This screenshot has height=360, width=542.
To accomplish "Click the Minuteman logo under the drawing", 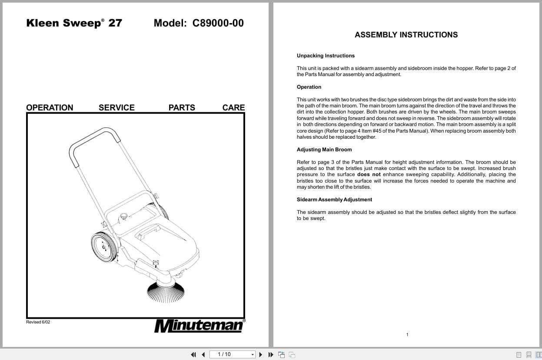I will tap(199, 326).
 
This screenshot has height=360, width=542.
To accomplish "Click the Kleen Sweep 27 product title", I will tap(74, 23).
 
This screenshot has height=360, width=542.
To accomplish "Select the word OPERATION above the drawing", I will tap(50, 107).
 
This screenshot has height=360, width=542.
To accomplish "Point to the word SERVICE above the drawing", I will tap(116, 107).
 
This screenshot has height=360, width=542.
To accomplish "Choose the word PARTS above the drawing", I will tap(182, 107).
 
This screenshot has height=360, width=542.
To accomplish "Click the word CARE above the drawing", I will tap(233, 107).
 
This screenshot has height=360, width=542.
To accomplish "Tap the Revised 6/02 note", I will tap(38, 322).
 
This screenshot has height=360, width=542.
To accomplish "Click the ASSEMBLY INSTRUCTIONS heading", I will tap(406, 35).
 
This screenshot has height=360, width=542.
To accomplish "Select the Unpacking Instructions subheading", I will tap(326, 56).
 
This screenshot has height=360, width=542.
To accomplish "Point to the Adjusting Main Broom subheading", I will tap(324, 150).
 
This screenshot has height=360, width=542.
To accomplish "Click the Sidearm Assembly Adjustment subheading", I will tap(334, 200).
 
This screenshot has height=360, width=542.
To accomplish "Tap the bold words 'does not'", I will tap(369, 174).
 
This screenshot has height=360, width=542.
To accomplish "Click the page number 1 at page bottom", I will tap(407, 334).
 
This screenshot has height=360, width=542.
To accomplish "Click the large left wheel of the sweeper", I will tap(104, 247).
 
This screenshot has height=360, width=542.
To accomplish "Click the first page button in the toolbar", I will tap(193, 354).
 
